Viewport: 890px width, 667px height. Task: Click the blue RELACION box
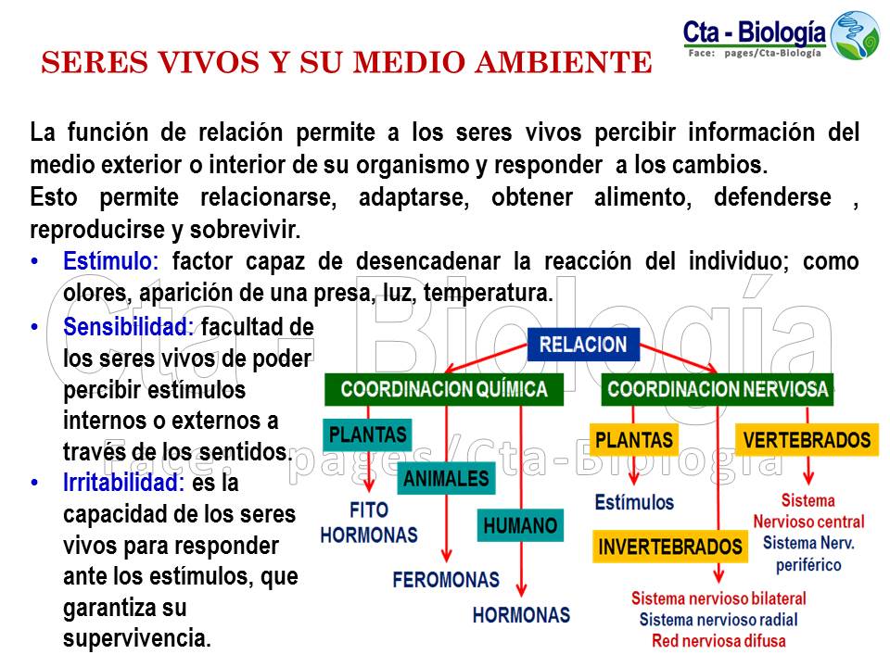click(x=583, y=346)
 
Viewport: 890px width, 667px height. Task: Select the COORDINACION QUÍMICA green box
click(x=443, y=389)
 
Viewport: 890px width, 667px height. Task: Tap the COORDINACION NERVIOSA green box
click(x=718, y=389)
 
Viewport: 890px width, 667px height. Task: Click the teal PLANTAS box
click(x=368, y=434)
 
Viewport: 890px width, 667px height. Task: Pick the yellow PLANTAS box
click(x=634, y=439)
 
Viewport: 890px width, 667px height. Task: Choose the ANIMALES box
click(x=446, y=479)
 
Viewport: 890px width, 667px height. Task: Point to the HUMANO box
click(x=521, y=526)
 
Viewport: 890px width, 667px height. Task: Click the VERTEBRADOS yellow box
click(x=807, y=439)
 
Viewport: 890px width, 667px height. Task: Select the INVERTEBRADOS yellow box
click(x=670, y=547)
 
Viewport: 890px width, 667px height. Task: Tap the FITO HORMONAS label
click(x=368, y=522)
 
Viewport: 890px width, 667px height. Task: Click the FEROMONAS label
click(x=446, y=581)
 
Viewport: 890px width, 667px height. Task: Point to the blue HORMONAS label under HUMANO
click(x=521, y=614)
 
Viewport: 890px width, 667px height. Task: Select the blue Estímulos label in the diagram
click(x=634, y=502)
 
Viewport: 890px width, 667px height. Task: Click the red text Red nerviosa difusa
click(x=718, y=641)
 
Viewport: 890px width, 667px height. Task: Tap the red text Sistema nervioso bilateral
click(x=718, y=599)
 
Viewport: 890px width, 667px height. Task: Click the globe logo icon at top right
click(x=854, y=34)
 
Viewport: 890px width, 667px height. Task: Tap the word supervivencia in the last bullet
click(x=137, y=638)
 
